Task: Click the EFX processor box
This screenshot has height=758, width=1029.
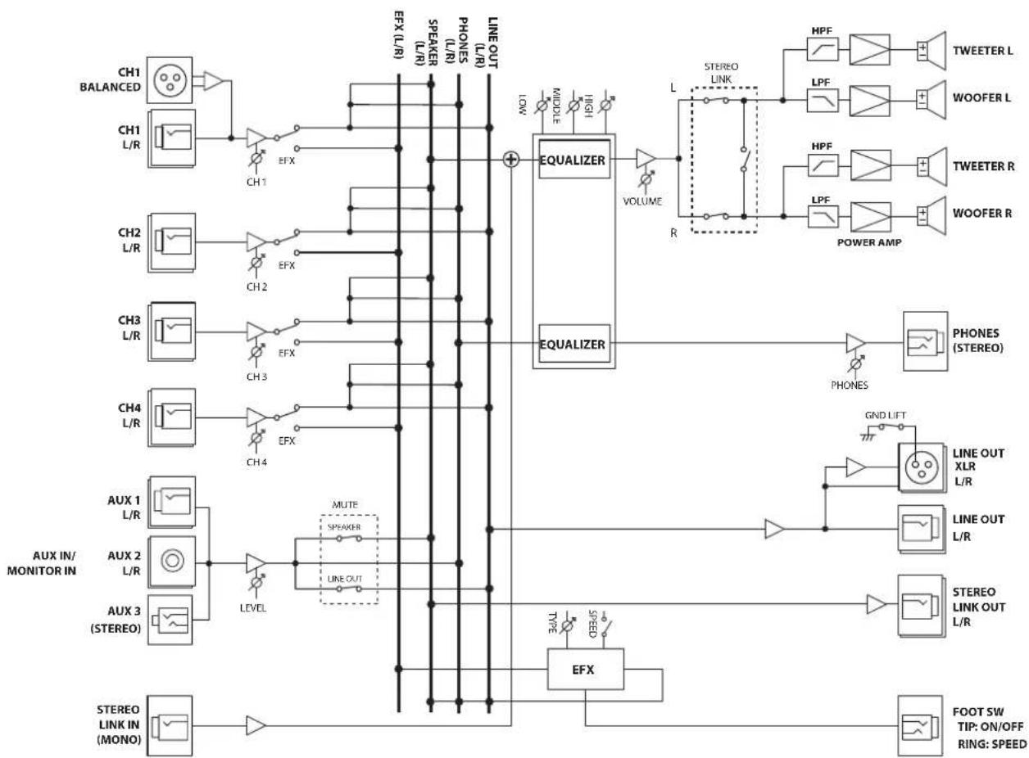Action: coord(585,669)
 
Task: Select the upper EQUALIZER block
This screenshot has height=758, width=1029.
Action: coord(574,160)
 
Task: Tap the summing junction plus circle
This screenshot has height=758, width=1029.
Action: coord(511,160)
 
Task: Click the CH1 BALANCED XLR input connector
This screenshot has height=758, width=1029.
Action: coord(170,80)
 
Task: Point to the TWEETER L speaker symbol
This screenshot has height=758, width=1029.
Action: coord(932,51)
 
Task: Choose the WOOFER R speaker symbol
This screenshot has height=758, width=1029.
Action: coord(932,216)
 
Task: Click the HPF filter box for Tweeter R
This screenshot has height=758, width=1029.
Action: coord(823,165)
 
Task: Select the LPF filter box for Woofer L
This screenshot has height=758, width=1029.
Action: coord(823,101)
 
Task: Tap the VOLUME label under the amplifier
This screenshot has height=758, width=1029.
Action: coord(642,201)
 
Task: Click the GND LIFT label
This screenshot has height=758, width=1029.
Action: coord(885,415)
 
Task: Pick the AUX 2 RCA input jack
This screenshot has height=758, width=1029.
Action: coord(172,561)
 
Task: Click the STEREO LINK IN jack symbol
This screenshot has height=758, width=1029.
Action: coord(170,725)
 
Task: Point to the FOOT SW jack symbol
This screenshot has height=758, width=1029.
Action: coord(920,725)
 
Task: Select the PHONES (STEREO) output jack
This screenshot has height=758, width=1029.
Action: coord(925,341)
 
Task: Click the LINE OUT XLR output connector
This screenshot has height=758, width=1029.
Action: coord(922,467)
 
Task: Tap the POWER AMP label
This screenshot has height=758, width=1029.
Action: coord(869,242)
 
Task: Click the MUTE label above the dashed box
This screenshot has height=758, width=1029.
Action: coord(345,504)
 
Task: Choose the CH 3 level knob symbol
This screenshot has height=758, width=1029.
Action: coord(256,352)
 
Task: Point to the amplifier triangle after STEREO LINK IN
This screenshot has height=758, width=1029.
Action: coord(256,726)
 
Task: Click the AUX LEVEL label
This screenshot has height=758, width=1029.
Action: coord(252,608)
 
